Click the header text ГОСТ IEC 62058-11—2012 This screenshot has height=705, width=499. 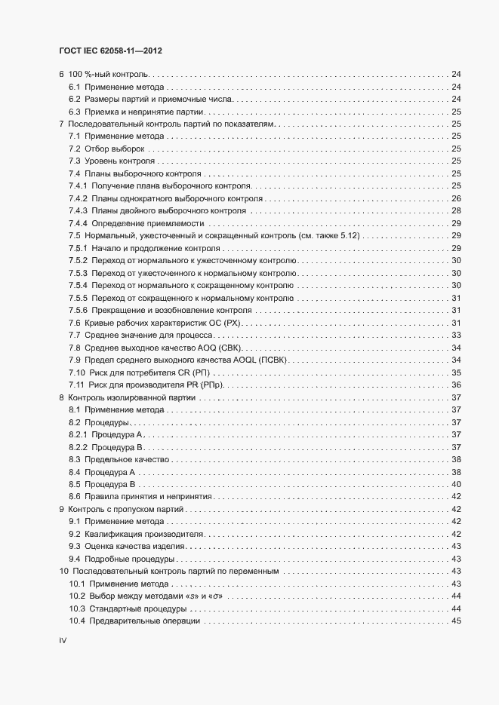[110, 51]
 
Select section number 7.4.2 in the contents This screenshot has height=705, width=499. [79, 198]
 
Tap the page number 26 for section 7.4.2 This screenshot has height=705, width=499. [456, 198]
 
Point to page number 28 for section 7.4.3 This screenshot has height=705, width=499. [456, 211]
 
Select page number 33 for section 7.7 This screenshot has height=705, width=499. [456, 335]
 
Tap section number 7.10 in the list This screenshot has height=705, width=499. [76, 372]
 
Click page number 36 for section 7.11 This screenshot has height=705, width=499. [456, 385]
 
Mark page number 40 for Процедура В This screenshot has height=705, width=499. [456, 484]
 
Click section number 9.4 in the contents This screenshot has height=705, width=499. [75, 559]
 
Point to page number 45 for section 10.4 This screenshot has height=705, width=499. [456, 621]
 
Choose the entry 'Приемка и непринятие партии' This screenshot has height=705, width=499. [140, 112]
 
